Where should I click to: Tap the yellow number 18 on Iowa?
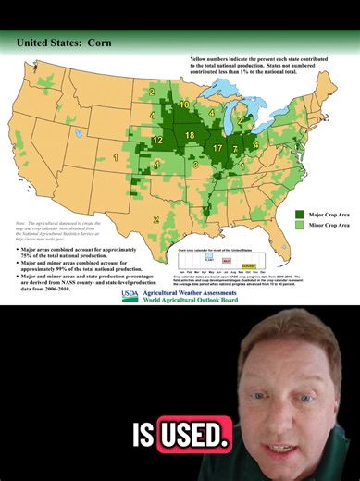tap(190, 135)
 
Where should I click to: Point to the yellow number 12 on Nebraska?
tap(157, 141)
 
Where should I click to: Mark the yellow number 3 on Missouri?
tap(195, 166)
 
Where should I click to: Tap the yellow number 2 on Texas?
tap(156, 218)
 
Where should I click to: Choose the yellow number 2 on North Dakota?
tap(151, 92)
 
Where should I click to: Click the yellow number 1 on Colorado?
tap(115, 157)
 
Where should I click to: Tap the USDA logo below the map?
tap(129, 296)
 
